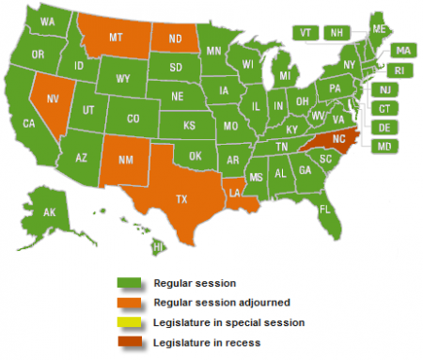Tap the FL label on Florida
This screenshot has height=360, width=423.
point(323,208)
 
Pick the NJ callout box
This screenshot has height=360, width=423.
point(384,89)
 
